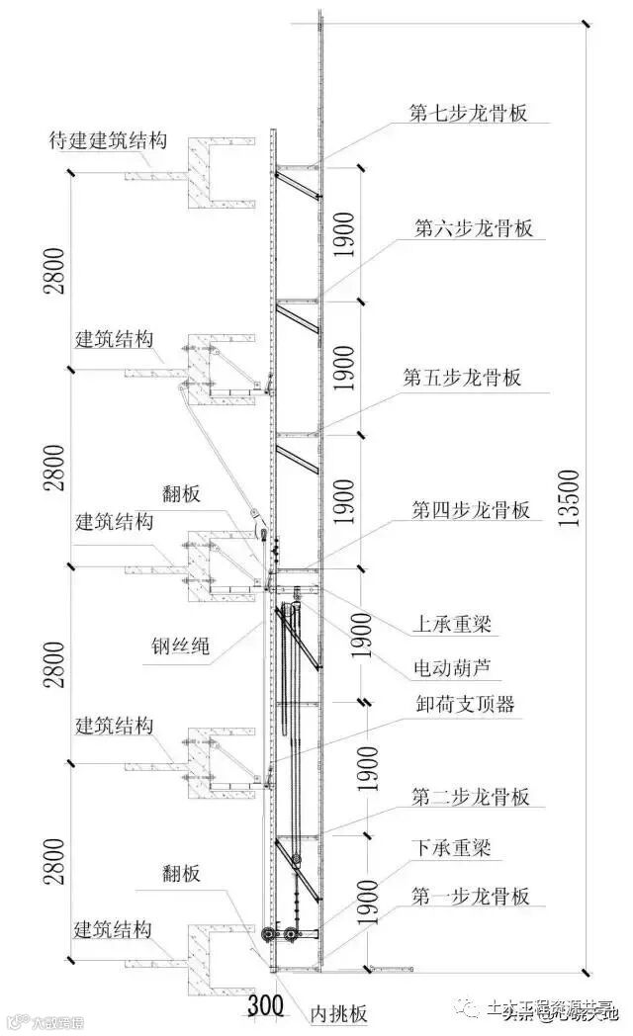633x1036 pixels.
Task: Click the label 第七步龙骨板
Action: click(468, 112)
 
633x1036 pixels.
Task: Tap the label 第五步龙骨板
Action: click(462, 378)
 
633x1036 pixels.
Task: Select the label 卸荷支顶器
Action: click(464, 705)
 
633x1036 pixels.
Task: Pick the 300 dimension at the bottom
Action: click(264, 1007)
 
